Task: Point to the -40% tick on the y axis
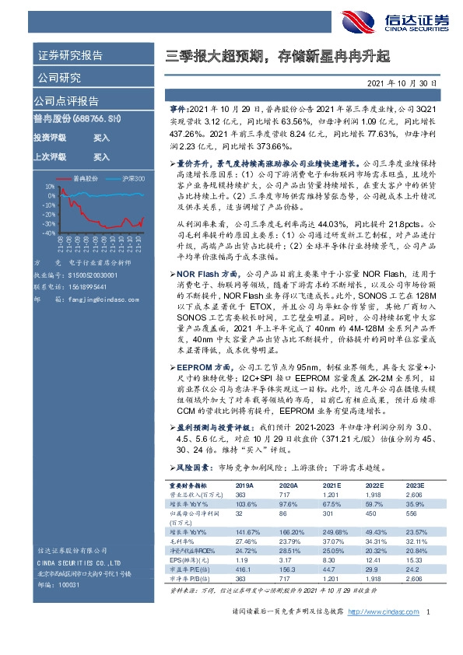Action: click(x=48, y=232)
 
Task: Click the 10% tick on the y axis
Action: click(x=50, y=187)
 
